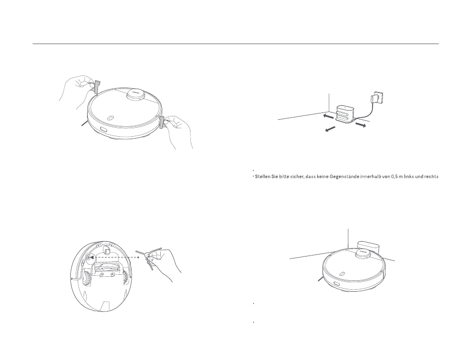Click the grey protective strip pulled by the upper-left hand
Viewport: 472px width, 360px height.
point(96,87)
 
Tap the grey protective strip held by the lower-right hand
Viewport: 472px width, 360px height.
point(162,122)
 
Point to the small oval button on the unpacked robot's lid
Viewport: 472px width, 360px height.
point(110,118)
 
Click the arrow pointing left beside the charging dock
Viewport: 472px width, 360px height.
point(328,116)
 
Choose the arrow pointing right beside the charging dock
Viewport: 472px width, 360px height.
point(361,124)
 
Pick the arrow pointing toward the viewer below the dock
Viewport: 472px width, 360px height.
point(330,129)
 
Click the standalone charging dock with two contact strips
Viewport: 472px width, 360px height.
point(345,114)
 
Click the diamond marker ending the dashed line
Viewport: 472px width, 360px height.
point(138,257)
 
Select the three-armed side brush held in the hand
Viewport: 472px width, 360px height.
point(149,257)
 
